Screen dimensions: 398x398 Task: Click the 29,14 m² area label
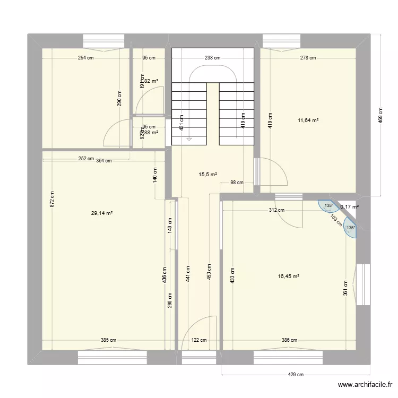click(102, 213)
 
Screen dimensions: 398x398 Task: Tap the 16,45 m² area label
click(289, 276)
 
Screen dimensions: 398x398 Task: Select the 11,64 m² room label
click(308, 120)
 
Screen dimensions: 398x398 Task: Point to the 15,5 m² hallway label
click(207, 174)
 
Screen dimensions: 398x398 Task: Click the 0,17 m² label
click(350, 207)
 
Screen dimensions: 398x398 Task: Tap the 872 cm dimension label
click(52, 199)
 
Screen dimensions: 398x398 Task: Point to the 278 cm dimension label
click(308, 58)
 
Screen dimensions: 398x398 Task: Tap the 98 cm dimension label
click(236, 183)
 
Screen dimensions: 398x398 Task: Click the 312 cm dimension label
click(277, 210)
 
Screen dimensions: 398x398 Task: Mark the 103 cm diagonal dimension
click(335, 220)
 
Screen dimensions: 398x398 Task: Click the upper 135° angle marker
click(328, 206)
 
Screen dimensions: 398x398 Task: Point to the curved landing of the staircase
click(213, 72)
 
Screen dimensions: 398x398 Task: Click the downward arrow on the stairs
click(189, 139)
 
